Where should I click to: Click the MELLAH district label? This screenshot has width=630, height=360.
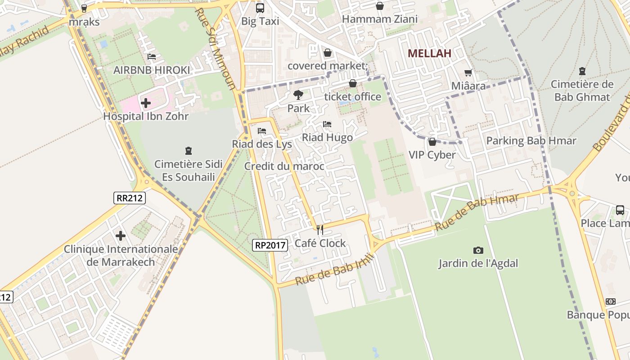click(429, 53)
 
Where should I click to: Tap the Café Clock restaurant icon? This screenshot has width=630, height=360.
click(320, 230)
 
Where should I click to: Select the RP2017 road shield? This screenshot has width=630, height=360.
click(270, 245)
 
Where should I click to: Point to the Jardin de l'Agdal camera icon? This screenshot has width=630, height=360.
click(478, 250)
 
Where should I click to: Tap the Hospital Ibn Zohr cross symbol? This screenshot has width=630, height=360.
click(145, 103)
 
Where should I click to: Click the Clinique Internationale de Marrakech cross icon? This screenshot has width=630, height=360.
click(121, 235)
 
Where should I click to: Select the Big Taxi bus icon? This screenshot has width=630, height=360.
click(260, 8)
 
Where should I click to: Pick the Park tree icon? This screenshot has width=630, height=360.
click(298, 95)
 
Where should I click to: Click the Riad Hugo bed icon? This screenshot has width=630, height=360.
click(327, 124)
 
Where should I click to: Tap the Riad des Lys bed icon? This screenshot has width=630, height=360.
click(262, 131)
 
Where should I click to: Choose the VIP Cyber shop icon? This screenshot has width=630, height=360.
click(432, 142)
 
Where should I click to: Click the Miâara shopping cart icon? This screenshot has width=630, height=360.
click(468, 72)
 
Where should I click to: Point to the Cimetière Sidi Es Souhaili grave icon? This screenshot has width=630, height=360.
click(189, 151)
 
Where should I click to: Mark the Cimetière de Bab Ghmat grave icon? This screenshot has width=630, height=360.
click(582, 71)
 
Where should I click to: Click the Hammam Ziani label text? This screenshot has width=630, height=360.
click(380, 19)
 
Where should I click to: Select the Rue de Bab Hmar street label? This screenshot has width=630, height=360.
click(477, 213)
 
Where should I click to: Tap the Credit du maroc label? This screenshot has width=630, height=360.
click(284, 166)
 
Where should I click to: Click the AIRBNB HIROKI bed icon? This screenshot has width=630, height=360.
click(152, 57)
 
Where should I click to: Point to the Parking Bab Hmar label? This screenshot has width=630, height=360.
click(531, 141)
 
